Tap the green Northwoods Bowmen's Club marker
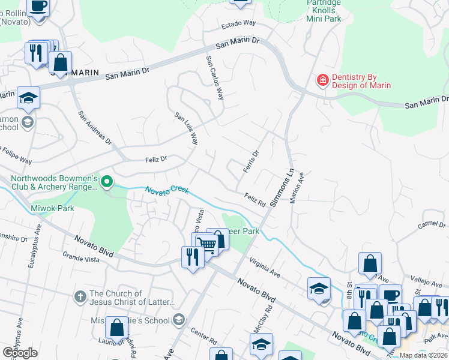tap(107, 181)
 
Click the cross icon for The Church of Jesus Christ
tap(80, 296)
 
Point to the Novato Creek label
tap(167, 190)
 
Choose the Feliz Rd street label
tap(255, 199)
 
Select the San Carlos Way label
tap(215, 78)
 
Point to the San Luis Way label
tap(186, 129)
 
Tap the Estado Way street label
tap(239, 23)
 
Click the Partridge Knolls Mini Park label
tap(324, 11)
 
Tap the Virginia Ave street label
tap(265, 268)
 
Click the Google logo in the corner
tap(20, 353)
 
